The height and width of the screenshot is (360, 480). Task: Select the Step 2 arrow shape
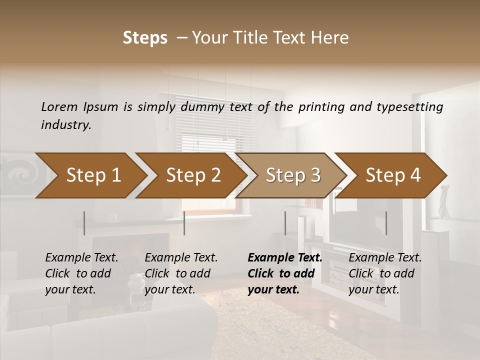193,175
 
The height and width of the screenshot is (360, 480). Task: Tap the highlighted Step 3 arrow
293,175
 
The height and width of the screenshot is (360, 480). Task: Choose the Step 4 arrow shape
393,175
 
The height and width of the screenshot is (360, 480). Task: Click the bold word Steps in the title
145,38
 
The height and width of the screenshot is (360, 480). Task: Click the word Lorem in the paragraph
59,106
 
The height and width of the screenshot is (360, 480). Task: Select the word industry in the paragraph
65,124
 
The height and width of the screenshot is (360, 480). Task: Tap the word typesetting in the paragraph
413,106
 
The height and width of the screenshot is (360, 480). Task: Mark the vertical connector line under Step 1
84,223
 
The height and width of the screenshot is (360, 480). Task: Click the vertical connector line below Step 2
184,223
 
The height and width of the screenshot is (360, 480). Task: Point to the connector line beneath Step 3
285,223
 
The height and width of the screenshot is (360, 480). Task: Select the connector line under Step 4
386,223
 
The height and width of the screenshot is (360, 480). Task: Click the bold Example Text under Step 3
285,258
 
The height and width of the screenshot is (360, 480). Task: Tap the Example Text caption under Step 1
81,258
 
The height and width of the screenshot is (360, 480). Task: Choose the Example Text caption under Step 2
181,258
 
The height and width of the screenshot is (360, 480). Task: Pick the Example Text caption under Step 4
385,258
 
